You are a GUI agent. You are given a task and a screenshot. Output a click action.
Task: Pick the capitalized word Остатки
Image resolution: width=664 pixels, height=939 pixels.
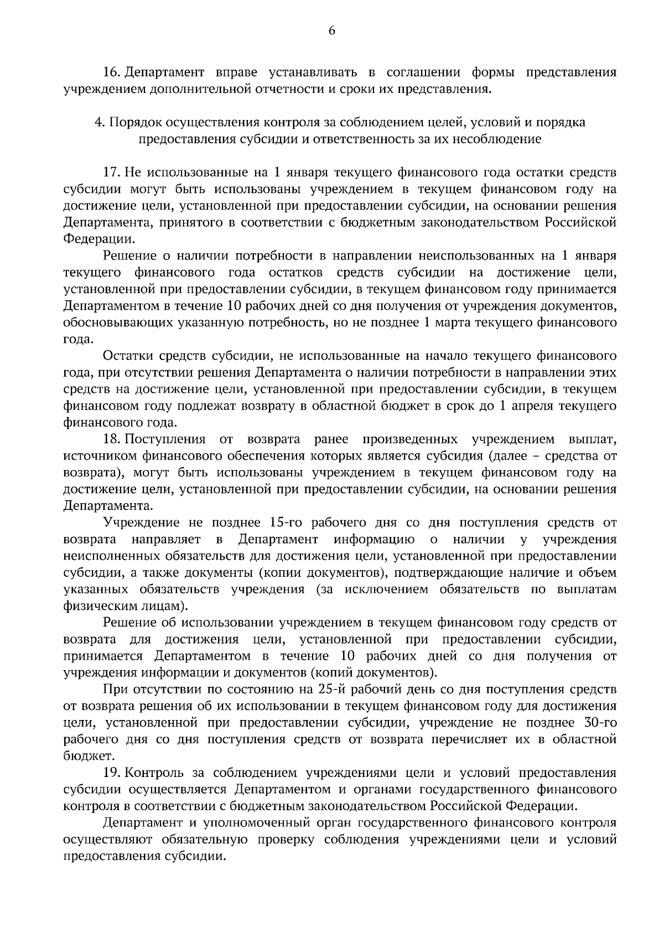click(128, 356)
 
